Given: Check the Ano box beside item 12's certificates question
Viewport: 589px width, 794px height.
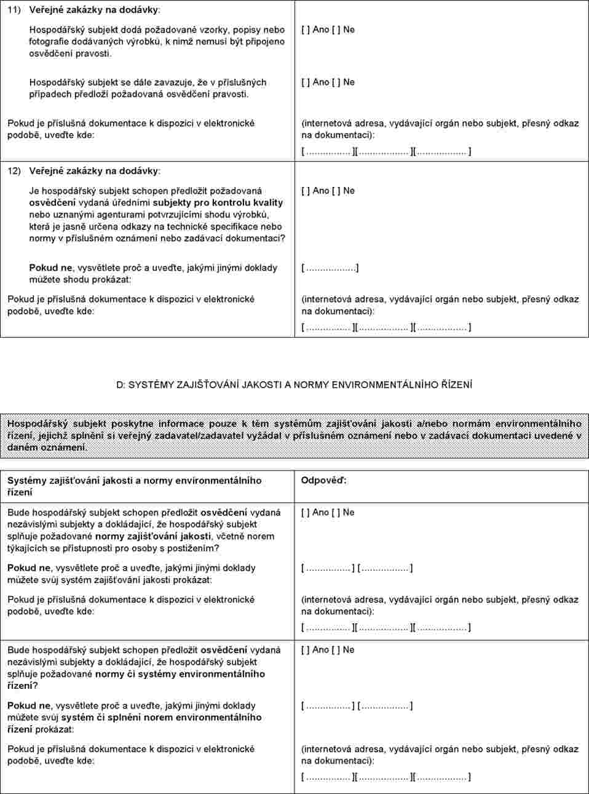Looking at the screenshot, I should [305, 191].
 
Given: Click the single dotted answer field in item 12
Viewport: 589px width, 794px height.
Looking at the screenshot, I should [330, 268].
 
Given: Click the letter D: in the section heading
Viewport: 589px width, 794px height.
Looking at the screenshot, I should [121, 385].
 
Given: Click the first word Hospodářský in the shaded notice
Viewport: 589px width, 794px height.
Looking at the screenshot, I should [38, 424].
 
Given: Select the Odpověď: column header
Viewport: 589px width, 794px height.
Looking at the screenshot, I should [323, 480].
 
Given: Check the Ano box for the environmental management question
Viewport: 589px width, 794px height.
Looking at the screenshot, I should [305, 650].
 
